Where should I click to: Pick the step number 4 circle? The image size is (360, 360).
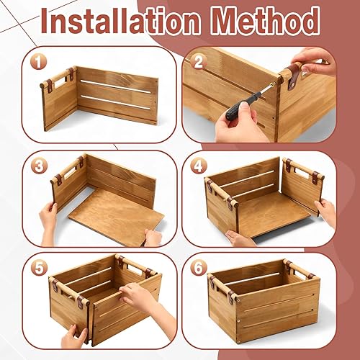point(199,166)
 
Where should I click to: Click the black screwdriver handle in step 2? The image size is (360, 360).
point(238,110)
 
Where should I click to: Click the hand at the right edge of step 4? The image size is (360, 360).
point(325,212)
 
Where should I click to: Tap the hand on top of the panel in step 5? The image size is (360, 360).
point(137,295)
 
